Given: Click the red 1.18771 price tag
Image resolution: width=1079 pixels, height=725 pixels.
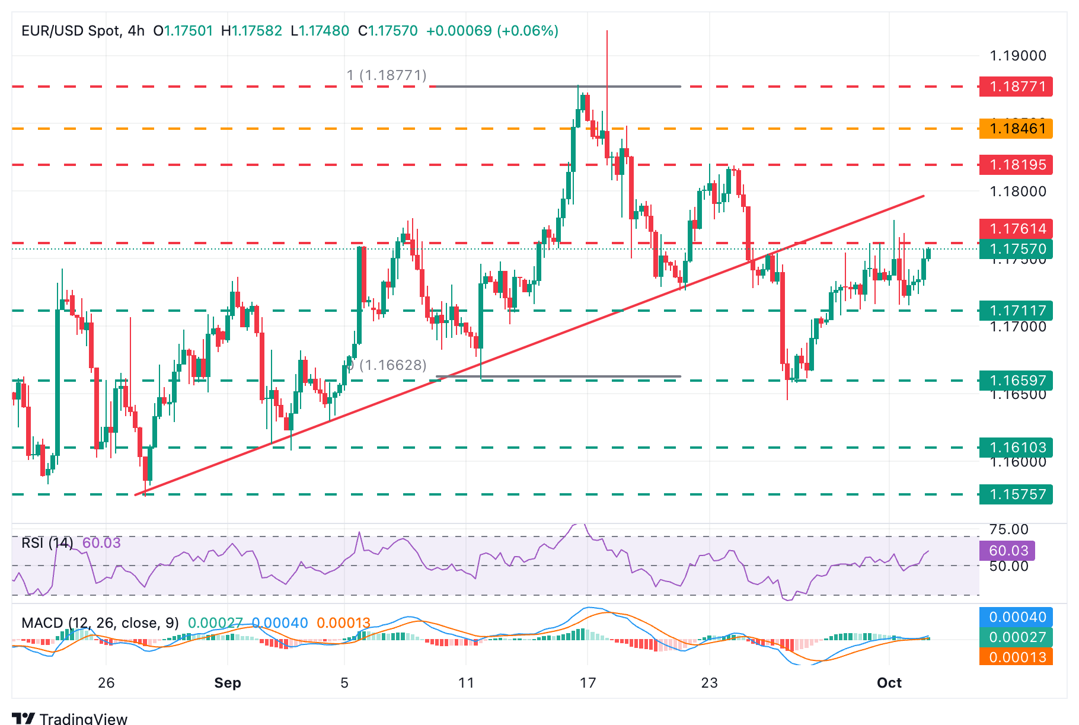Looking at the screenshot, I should click(1016, 87).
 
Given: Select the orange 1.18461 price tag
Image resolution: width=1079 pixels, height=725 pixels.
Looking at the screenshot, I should click(1016, 129).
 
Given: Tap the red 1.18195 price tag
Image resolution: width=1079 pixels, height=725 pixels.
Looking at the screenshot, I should click(1016, 165).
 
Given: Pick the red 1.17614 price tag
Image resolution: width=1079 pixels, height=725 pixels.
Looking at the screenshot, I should click(1016, 229).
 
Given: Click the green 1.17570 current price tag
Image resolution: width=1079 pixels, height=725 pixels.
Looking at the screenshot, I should click(1016, 249).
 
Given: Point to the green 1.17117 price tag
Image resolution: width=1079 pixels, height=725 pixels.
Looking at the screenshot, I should click(1016, 311).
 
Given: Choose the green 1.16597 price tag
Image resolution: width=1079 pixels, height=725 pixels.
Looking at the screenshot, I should click(1016, 381).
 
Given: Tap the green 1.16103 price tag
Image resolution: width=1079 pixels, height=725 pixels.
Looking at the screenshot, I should click(1016, 448).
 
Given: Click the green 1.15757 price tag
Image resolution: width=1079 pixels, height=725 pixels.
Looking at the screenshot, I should click(1016, 494).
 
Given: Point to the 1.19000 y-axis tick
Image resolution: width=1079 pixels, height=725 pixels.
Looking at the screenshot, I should click(1018, 56).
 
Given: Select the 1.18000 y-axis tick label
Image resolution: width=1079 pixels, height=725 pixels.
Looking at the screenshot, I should click(1018, 191).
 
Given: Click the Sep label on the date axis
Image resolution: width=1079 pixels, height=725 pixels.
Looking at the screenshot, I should click(228, 683).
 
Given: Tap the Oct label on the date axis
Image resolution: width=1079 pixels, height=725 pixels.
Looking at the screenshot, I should click(889, 683).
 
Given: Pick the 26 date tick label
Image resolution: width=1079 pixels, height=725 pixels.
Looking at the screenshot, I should click(106, 683).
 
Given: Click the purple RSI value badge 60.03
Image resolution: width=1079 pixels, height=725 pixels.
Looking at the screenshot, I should click(1008, 551).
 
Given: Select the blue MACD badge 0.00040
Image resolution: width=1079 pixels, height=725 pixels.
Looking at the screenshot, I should click(1016, 617).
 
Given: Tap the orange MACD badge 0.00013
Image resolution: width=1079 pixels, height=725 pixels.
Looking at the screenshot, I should click(1016, 657).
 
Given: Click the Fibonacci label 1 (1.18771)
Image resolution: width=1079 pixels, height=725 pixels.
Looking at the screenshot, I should click(387, 75).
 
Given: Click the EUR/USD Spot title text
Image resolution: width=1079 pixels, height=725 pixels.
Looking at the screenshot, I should click(71, 31).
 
